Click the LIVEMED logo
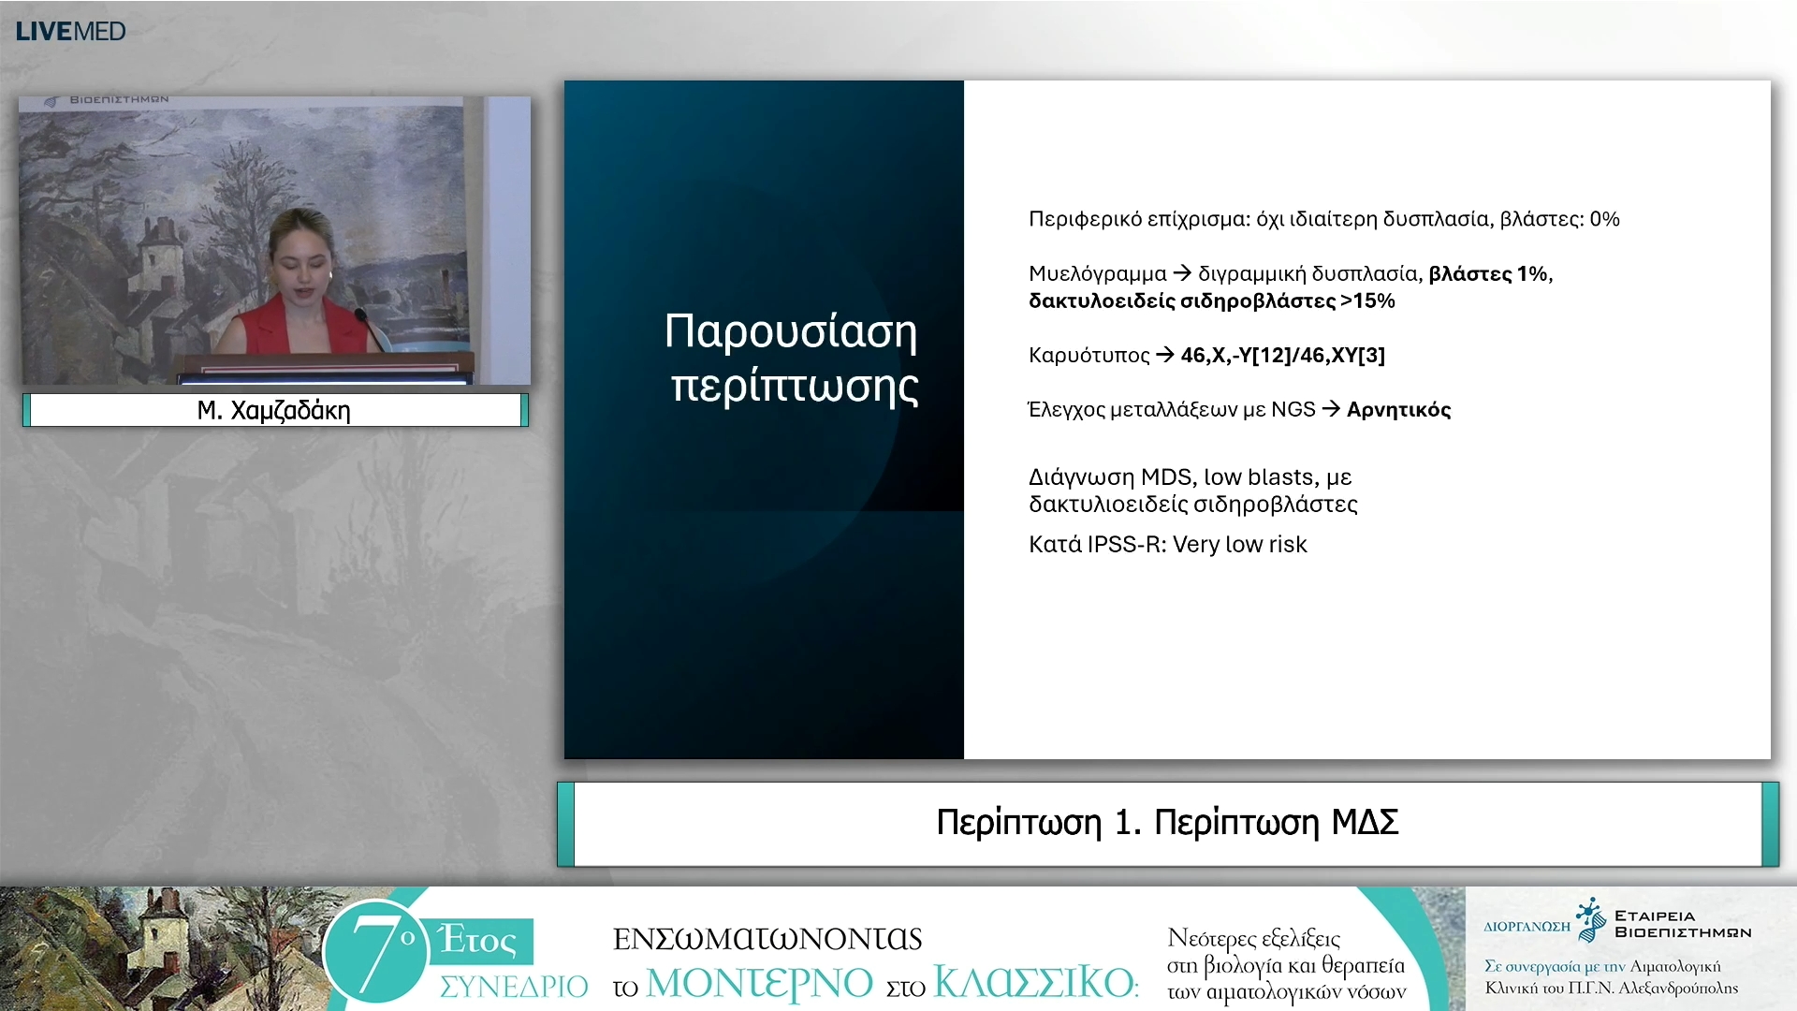tap(71, 31)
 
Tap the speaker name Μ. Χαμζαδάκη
tap(273, 410)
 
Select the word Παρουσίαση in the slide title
tap(791, 331)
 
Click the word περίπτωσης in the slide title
tap(795, 386)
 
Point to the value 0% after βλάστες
tap(1604, 219)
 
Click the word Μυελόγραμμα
tap(1098, 274)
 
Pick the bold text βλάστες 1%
tap(1488, 273)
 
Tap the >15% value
tap(1367, 300)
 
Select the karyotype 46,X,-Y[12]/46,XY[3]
tap(1283, 355)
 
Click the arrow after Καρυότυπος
tap(1165, 355)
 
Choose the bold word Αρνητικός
tap(1398, 410)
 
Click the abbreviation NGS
tap(1293, 409)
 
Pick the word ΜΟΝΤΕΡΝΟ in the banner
tap(759, 983)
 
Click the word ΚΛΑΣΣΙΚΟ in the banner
tap(1035, 983)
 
